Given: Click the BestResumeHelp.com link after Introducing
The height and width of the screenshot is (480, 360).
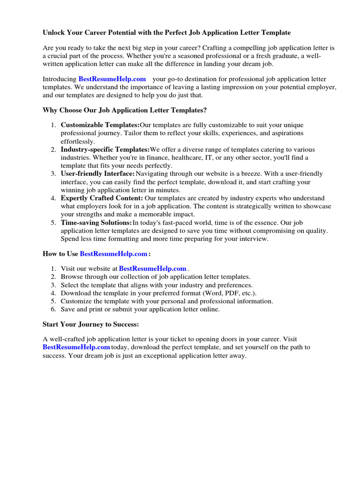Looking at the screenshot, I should (x=112, y=79).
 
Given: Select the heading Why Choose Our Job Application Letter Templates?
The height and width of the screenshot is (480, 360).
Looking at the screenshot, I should (x=124, y=110).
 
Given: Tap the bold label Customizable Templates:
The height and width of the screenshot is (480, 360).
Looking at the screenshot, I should (x=100, y=125).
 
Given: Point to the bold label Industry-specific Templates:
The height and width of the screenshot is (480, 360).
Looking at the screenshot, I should (x=105, y=150).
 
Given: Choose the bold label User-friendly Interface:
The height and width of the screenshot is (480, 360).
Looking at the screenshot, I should (x=97, y=174).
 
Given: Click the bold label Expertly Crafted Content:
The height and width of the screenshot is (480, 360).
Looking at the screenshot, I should (x=102, y=198).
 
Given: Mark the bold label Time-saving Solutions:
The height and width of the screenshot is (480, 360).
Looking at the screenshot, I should (x=96, y=223).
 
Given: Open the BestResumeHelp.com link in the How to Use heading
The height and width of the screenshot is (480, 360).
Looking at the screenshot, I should (x=113, y=254).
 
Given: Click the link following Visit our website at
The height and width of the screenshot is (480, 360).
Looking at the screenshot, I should (x=153, y=269).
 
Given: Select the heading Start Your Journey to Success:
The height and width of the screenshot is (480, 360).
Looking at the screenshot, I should (x=90, y=324).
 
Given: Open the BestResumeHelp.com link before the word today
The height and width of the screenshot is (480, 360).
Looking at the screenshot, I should (x=76, y=347).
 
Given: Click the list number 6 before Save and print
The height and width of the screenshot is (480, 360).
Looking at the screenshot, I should (x=53, y=309).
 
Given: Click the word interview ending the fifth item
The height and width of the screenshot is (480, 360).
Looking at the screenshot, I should (x=254, y=239).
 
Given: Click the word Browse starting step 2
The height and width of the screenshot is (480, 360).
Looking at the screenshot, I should (x=72, y=277).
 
